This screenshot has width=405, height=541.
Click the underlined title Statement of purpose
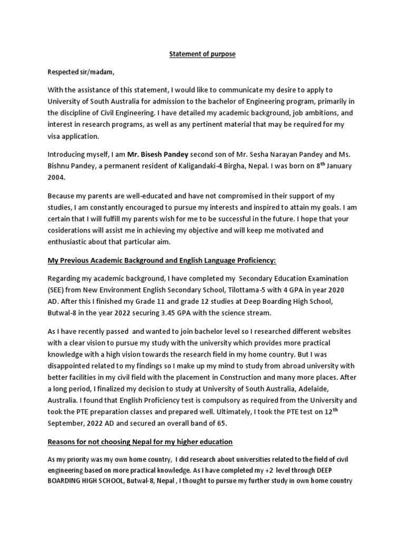click(202, 54)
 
